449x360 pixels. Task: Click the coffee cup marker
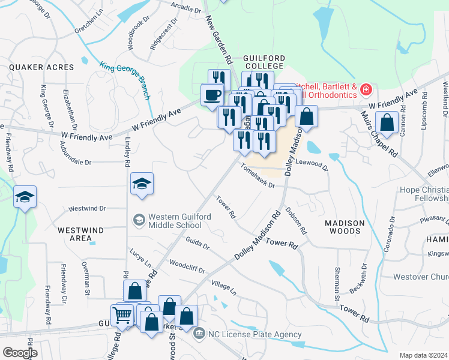[x=211, y=95]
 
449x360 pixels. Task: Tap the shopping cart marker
[x=122, y=314]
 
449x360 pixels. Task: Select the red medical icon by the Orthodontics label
[x=366, y=91]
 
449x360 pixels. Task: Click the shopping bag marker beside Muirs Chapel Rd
[x=387, y=123]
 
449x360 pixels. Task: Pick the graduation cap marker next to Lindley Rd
[x=142, y=184]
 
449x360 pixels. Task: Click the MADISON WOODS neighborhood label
[x=345, y=227]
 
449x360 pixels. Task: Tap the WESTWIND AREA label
[x=81, y=234]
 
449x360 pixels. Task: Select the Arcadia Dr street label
[x=185, y=9]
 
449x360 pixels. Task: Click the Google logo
[x=20, y=353]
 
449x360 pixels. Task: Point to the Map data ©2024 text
[x=423, y=355]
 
